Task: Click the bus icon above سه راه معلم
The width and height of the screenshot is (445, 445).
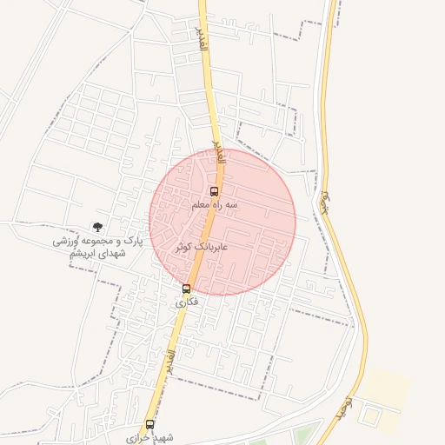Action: [x=215, y=191]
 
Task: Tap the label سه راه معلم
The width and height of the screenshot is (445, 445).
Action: [x=215, y=205]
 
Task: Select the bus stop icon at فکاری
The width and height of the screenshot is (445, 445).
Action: [x=186, y=289]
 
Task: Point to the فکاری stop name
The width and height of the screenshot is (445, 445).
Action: [x=187, y=302]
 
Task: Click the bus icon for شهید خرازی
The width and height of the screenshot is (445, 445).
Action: [x=150, y=424]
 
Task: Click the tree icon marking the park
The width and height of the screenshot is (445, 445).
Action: [x=96, y=227]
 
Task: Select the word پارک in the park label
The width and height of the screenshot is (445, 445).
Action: [x=131, y=239]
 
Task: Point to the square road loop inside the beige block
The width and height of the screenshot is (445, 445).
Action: [x=371, y=416]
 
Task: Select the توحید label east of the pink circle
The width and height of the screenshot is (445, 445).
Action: [x=327, y=201]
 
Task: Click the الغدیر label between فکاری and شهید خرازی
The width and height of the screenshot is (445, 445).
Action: [x=170, y=356]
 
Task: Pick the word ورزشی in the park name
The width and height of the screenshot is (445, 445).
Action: [x=70, y=240]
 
